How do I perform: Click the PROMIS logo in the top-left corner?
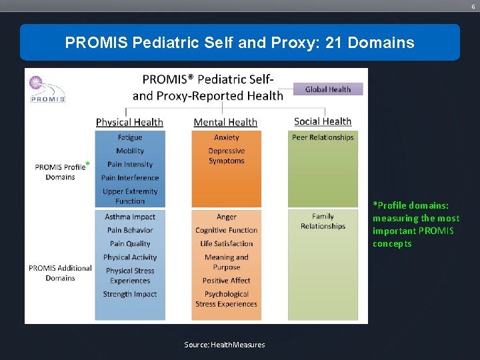tap(47, 89)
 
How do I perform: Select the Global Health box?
tap(327, 89)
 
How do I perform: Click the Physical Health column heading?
tap(129, 122)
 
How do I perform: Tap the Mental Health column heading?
tap(225, 122)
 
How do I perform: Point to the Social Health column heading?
tap(323, 121)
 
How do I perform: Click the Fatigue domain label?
tap(130, 137)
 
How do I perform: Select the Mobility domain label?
tap(130, 151)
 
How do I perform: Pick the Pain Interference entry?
tap(130, 178)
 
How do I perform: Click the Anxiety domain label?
tap(226, 137)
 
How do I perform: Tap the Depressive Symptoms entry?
tap(226, 156)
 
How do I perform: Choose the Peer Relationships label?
tap(323, 137)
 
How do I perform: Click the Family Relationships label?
tap(323, 221)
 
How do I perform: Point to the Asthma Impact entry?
tap(130, 217)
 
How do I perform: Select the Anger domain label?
tap(226, 217)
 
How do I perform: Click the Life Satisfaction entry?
tap(226, 243)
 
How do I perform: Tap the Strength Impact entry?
tap(130, 294)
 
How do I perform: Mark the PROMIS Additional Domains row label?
tap(60, 273)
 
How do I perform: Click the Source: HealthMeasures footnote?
tap(225, 345)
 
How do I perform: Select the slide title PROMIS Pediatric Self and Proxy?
tap(240, 43)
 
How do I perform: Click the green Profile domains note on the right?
tap(416, 224)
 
